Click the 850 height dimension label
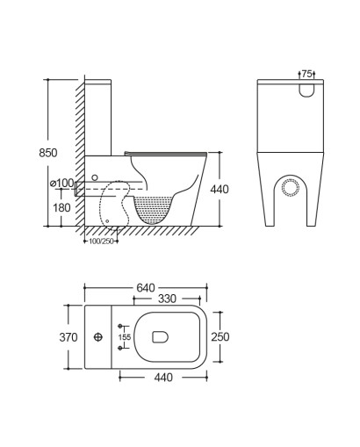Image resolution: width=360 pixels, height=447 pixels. (48, 153)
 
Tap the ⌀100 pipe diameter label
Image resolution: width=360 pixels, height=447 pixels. (61, 184)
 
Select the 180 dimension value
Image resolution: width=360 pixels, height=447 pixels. (61, 207)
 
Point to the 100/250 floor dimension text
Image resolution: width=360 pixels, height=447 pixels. (101, 242)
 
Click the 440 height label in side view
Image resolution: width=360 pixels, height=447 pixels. (220, 190)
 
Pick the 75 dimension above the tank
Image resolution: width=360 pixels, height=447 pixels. (306, 74)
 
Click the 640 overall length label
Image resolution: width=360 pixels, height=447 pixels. (146, 288)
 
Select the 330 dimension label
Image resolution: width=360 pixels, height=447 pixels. (167, 299)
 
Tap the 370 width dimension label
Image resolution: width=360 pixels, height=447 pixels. (68, 337)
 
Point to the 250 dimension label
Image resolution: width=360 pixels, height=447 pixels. (220, 337)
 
